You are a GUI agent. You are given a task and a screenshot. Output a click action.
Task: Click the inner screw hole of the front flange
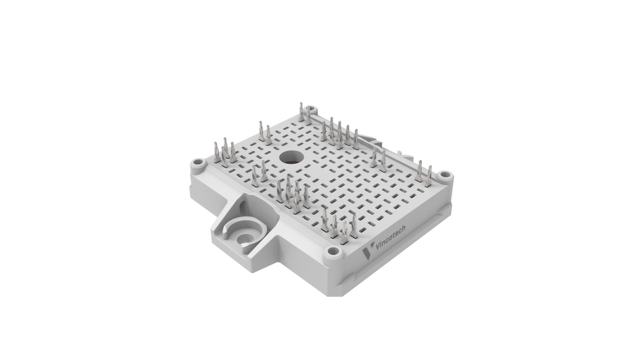[x=242, y=238]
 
